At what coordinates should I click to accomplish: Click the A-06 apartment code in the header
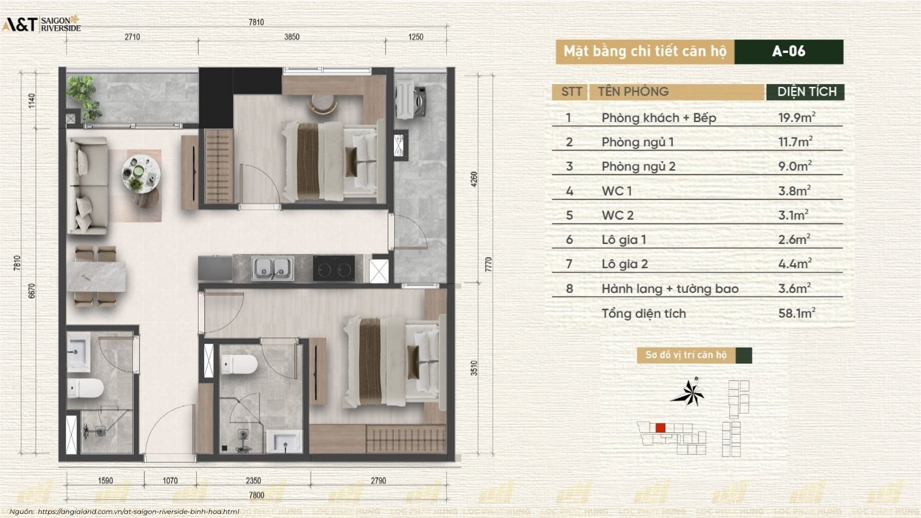(x=788, y=51)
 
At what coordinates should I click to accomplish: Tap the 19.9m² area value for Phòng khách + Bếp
(x=797, y=117)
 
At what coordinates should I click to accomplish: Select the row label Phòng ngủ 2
(x=638, y=166)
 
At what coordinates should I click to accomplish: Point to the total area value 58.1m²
(x=797, y=313)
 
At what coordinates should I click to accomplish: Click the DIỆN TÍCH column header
(x=806, y=92)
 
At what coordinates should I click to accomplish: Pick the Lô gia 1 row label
(x=624, y=239)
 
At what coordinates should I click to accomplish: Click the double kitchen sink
(x=272, y=268)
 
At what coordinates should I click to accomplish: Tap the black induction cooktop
(x=334, y=268)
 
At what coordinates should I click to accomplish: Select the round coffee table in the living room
(x=140, y=173)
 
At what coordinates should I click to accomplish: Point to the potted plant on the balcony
(x=84, y=97)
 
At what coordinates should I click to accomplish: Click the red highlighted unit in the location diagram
(x=660, y=428)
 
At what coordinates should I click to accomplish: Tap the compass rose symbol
(x=687, y=393)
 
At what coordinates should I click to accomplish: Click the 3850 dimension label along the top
(x=292, y=37)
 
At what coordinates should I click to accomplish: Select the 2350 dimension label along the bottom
(x=253, y=481)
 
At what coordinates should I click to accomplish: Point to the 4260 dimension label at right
(x=474, y=179)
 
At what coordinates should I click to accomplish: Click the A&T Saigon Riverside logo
(x=41, y=24)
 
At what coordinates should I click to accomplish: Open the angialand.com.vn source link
(x=138, y=512)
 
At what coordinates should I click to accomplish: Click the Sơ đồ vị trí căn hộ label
(x=686, y=355)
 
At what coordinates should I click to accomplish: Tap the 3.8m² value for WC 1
(x=794, y=191)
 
